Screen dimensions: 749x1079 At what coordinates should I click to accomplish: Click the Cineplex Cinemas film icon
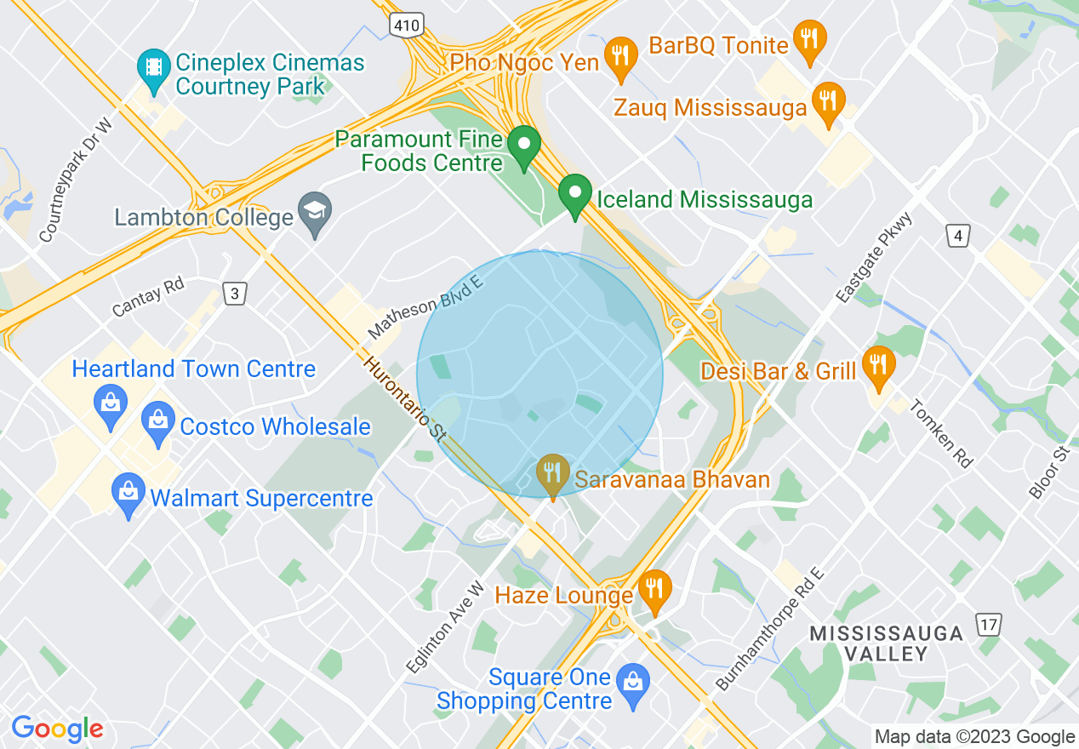[153, 69]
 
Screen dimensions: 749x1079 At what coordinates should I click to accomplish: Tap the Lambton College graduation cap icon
[315, 212]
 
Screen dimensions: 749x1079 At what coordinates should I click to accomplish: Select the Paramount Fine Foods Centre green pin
[525, 146]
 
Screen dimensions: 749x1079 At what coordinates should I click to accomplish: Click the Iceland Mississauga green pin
[575, 195]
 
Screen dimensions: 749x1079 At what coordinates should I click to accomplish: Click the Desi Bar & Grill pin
[878, 367]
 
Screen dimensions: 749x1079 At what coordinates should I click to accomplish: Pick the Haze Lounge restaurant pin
[654, 590]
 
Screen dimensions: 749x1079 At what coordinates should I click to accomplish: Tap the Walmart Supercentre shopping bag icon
[128, 494]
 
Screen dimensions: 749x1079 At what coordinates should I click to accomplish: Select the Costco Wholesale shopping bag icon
[158, 422]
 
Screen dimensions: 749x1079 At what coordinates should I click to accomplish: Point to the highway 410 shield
[407, 26]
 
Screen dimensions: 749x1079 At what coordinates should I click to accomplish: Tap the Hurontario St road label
[404, 398]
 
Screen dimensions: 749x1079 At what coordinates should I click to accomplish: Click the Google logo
[57, 729]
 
